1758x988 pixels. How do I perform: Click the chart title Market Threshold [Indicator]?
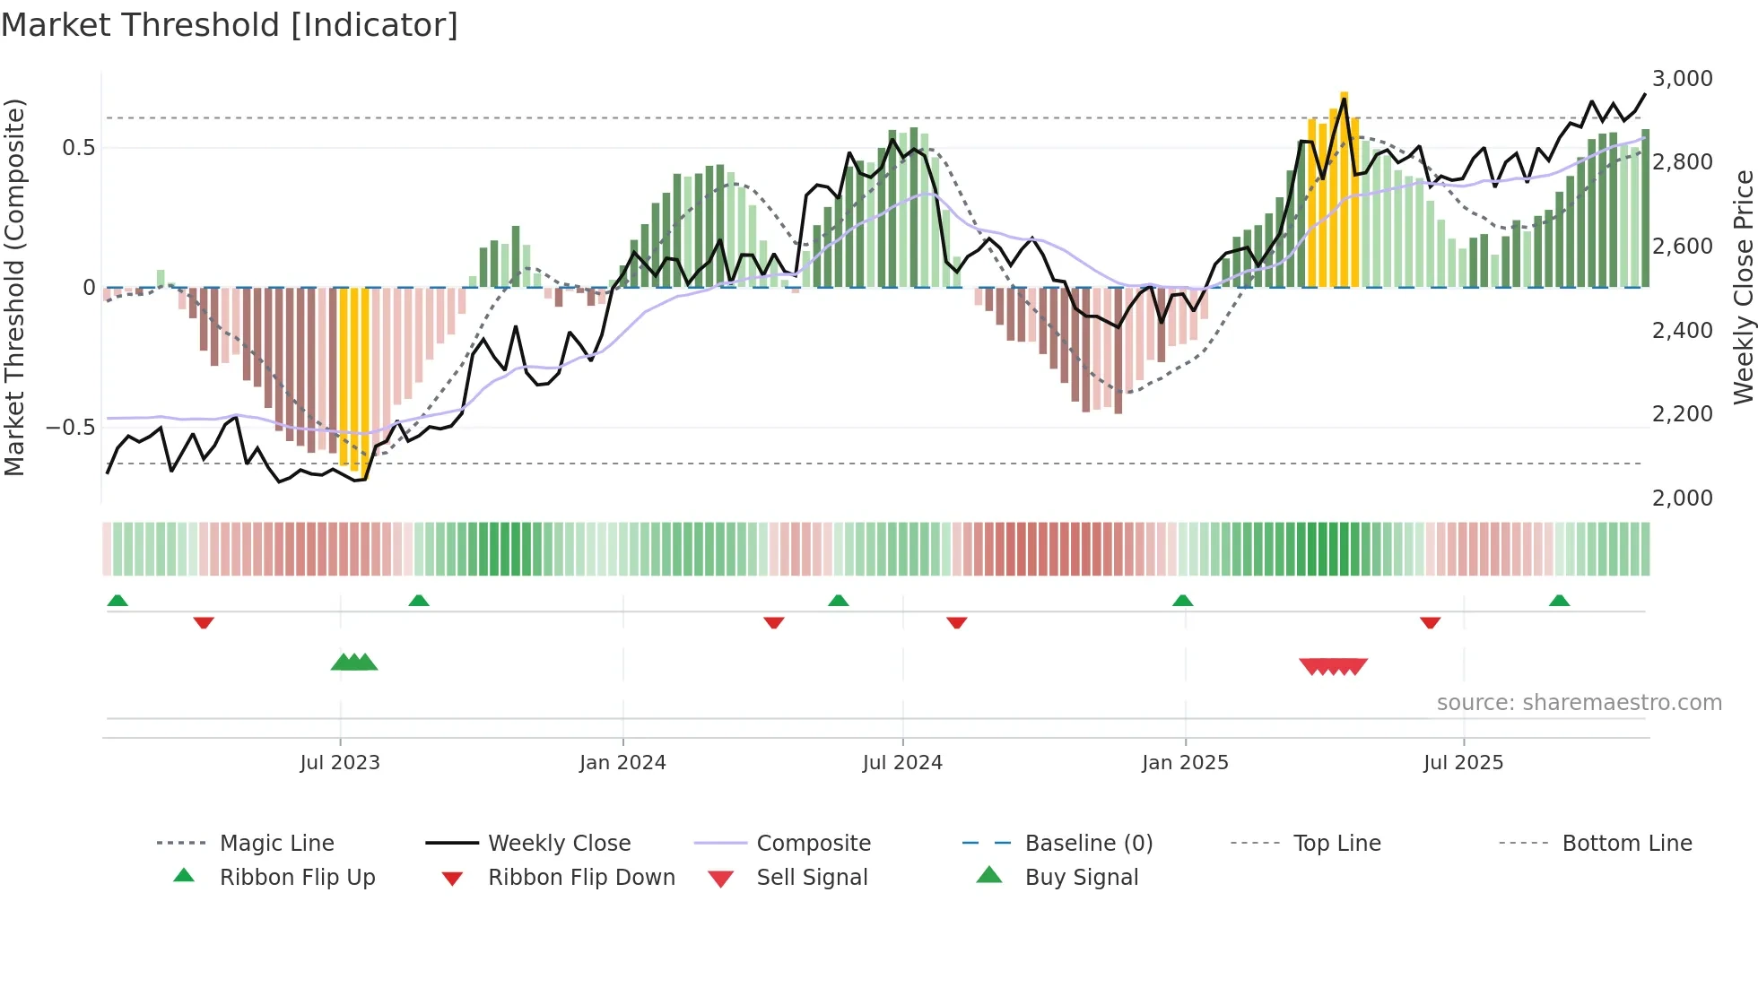pyautogui.click(x=230, y=25)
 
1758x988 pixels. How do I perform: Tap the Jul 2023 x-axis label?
pyautogui.click(x=340, y=762)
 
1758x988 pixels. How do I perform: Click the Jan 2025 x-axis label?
pyautogui.click(x=1185, y=762)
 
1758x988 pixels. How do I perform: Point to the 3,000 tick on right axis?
pyautogui.click(x=1682, y=79)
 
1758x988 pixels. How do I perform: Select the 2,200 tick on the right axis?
pyautogui.click(x=1682, y=414)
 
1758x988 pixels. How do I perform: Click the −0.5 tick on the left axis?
pyautogui.click(x=70, y=427)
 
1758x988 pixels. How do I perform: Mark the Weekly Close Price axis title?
pyautogui.click(x=1743, y=287)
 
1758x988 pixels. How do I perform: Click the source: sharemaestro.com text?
pyautogui.click(x=1579, y=702)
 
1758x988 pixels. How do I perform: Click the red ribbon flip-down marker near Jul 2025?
pyautogui.click(x=1430, y=622)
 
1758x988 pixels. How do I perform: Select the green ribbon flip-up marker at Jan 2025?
pyautogui.click(x=1182, y=600)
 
